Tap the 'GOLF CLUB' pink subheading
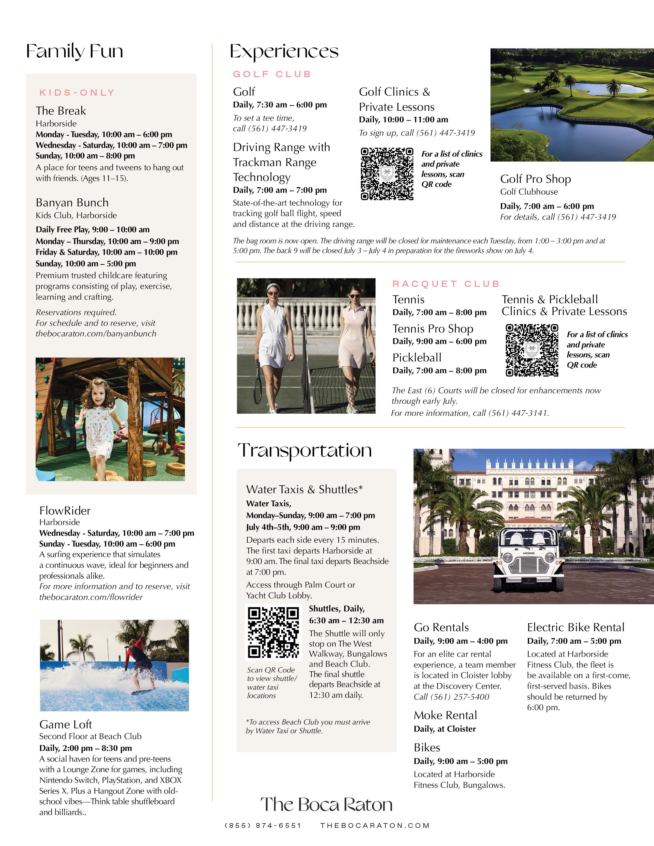pos(272,74)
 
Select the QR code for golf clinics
pos(387,174)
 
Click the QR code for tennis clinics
pos(532,350)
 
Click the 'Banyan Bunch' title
pos(72,203)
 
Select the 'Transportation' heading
pos(304,450)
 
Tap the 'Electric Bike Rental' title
pos(576,628)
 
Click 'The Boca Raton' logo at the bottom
pos(326,804)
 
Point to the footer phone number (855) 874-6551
pos(263,825)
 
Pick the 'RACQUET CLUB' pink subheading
pos(446,284)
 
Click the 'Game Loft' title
pos(65,724)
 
